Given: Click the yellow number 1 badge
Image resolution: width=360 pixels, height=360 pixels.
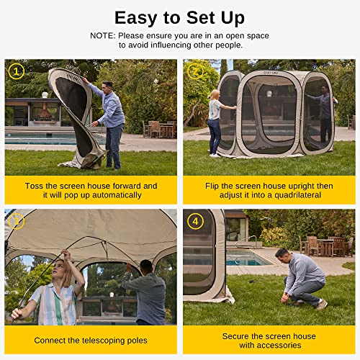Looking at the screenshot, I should point(15,71).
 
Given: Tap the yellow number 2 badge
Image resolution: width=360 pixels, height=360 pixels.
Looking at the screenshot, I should point(194,71).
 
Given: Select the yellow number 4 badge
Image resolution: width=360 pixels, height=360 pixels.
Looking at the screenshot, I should point(194,222).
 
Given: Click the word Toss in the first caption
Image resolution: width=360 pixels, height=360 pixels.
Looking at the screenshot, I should point(37,185).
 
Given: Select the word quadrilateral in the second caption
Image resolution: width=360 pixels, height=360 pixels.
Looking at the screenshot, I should point(304,195).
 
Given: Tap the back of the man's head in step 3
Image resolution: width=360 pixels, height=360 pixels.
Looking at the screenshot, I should point(147,266).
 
